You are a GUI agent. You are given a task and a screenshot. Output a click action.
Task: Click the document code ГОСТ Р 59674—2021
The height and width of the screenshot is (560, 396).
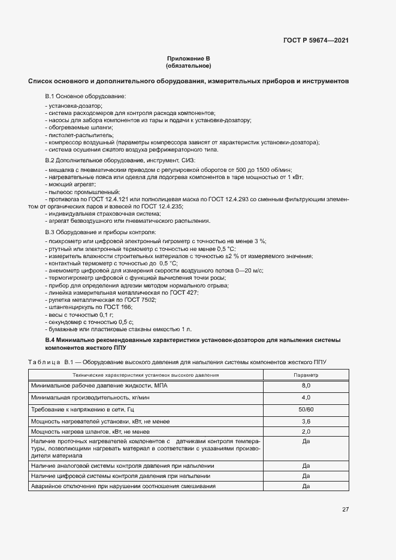pos(316,40)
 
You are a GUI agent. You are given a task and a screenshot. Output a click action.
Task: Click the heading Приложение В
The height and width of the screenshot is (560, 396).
pos(189,59)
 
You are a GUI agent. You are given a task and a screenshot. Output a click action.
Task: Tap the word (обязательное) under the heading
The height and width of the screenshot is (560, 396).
pos(189,66)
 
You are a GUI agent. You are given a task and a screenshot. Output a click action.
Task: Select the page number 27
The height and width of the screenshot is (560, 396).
pos(345,509)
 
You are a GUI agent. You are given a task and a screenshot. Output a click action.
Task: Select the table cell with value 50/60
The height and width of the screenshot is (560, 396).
pos(306,409)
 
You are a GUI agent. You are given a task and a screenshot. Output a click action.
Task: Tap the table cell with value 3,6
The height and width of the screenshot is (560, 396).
pos(306,421)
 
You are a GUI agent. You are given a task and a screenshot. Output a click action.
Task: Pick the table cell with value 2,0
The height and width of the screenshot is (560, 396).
pos(306,431)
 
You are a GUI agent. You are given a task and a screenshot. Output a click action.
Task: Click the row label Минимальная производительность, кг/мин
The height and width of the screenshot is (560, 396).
pos(87,397)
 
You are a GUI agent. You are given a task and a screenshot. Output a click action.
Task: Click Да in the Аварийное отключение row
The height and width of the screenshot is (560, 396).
pos(306,486)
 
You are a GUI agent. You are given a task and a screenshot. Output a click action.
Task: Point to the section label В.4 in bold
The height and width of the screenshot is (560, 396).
pos(50,340)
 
